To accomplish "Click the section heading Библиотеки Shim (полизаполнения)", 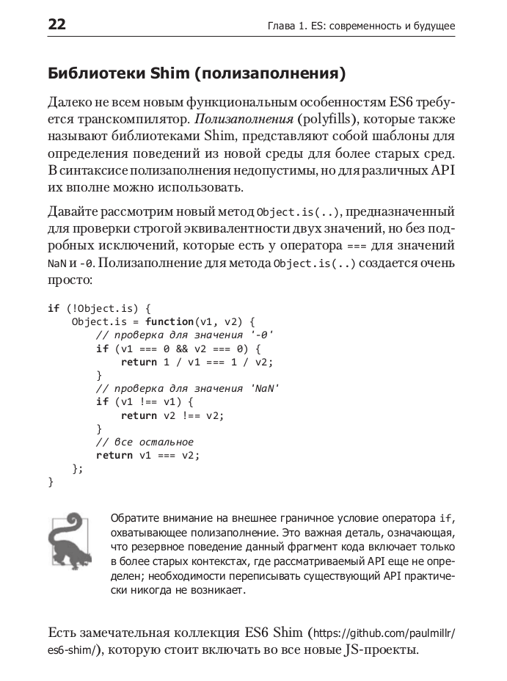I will [196, 73].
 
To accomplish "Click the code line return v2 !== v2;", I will [172, 415].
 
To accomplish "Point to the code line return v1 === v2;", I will [147, 455].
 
